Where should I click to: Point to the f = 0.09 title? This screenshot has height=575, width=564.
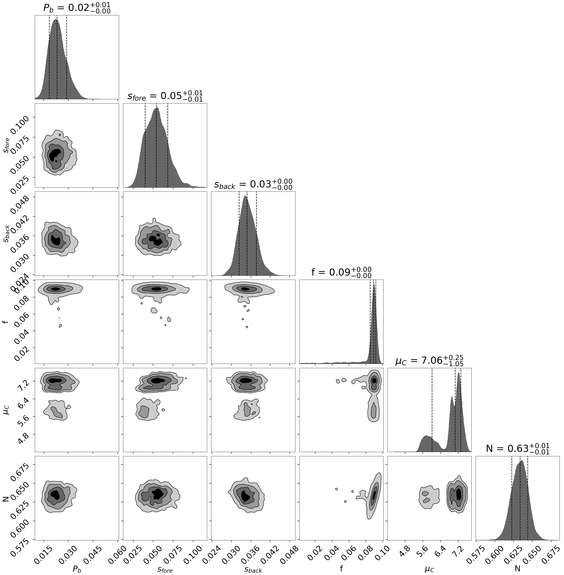coord(341,272)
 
